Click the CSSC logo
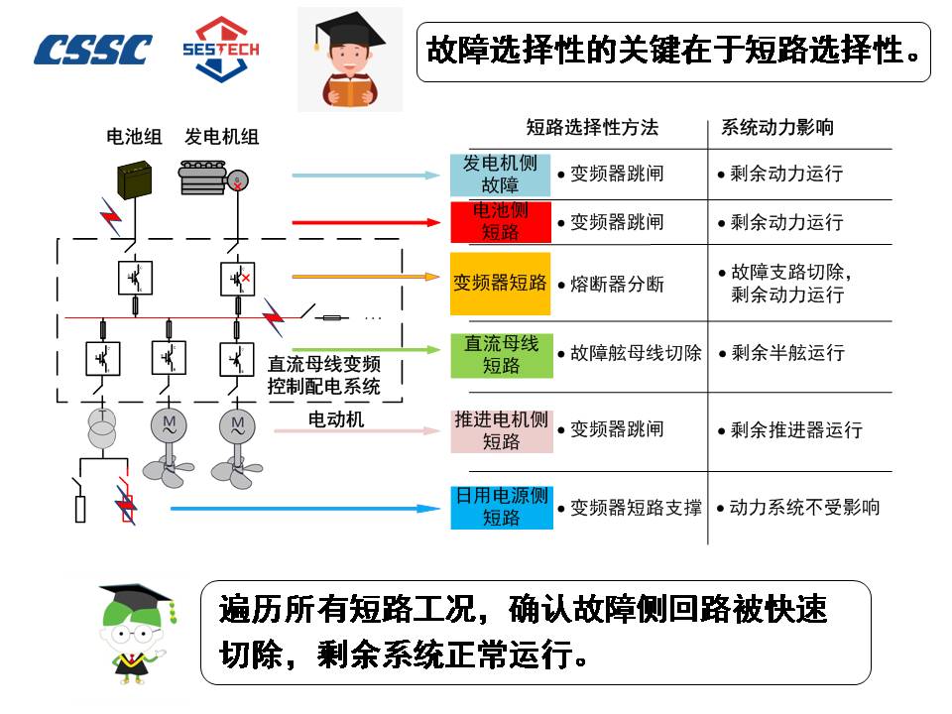93,50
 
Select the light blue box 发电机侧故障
500,175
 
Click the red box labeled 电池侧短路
500,222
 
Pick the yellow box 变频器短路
500,283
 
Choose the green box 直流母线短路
501,354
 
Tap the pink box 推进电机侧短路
501,430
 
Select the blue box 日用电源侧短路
501,507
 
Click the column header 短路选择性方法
591,128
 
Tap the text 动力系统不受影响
804,507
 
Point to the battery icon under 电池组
134,180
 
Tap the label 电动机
336,420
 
